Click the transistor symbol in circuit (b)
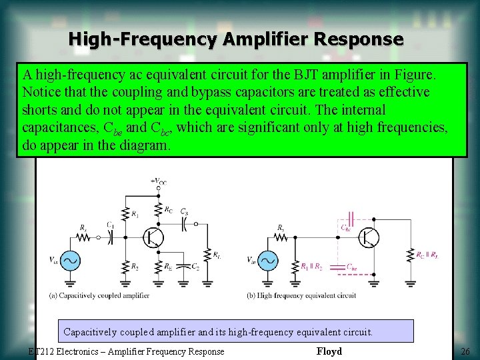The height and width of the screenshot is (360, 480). point(369,237)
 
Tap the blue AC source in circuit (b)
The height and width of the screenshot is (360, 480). point(268,261)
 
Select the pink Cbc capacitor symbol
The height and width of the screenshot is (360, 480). point(351,217)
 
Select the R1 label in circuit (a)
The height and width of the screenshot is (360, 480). point(136,214)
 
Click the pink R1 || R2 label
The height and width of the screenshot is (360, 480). point(312,267)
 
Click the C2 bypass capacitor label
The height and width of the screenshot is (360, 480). point(195,267)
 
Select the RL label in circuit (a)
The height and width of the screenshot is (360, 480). point(217,255)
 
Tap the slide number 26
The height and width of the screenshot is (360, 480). point(465,351)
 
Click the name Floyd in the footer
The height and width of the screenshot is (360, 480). point(329,351)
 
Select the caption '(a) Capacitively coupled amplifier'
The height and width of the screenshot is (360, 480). point(99,295)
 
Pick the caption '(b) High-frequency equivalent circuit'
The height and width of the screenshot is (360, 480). point(301,295)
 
